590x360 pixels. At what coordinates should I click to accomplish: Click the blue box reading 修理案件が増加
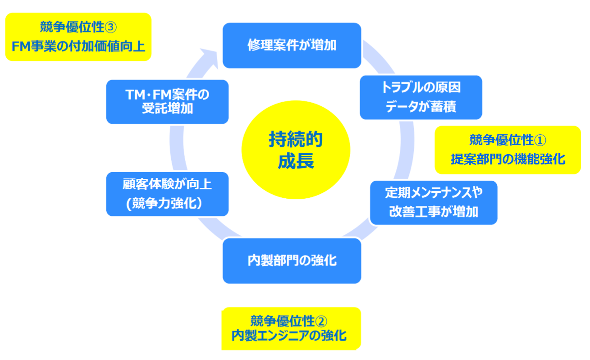pyautogui.click(x=292, y=46)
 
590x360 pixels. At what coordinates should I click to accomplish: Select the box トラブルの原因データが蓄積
pyautogui.click(x=421, y=97)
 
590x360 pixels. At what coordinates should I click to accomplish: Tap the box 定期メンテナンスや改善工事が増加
pyautogui.click(x=434, y=202)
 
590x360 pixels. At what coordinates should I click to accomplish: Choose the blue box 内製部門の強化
pyautogui.click(x=292, y=261)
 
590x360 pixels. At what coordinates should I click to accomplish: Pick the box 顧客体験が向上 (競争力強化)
pyautogui.click(x=167, y=194)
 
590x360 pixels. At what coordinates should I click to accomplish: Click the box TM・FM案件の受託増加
pyautogui.click(x=167, y=102)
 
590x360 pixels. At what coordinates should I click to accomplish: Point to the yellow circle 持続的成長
pyautogui.click(x=296, y=150)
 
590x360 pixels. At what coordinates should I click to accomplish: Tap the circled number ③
pyautogui.click(x=110, y=27)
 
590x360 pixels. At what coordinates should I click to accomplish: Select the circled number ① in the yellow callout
pyautogui.click(x=540, y=140)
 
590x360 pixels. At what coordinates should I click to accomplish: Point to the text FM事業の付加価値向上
pyautogui.click(x=78, y=46)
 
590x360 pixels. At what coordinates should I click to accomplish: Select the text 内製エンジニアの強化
pyautogui.click(x=289, y=336)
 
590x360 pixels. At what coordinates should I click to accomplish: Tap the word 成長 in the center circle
pyautogui.click(x=296, y=161)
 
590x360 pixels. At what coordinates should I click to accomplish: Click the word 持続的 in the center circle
pyautogui.click(x=296, y=139)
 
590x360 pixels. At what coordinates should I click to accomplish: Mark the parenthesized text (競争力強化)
pyautogui.click(x=165, y=204)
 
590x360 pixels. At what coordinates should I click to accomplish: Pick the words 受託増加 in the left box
pyautogui.click(x=168, y=109)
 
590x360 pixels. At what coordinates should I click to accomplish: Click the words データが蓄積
pyautogui.click(x=421, y=107)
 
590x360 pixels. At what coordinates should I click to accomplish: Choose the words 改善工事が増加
pyautogui.click(x=434, y=212)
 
